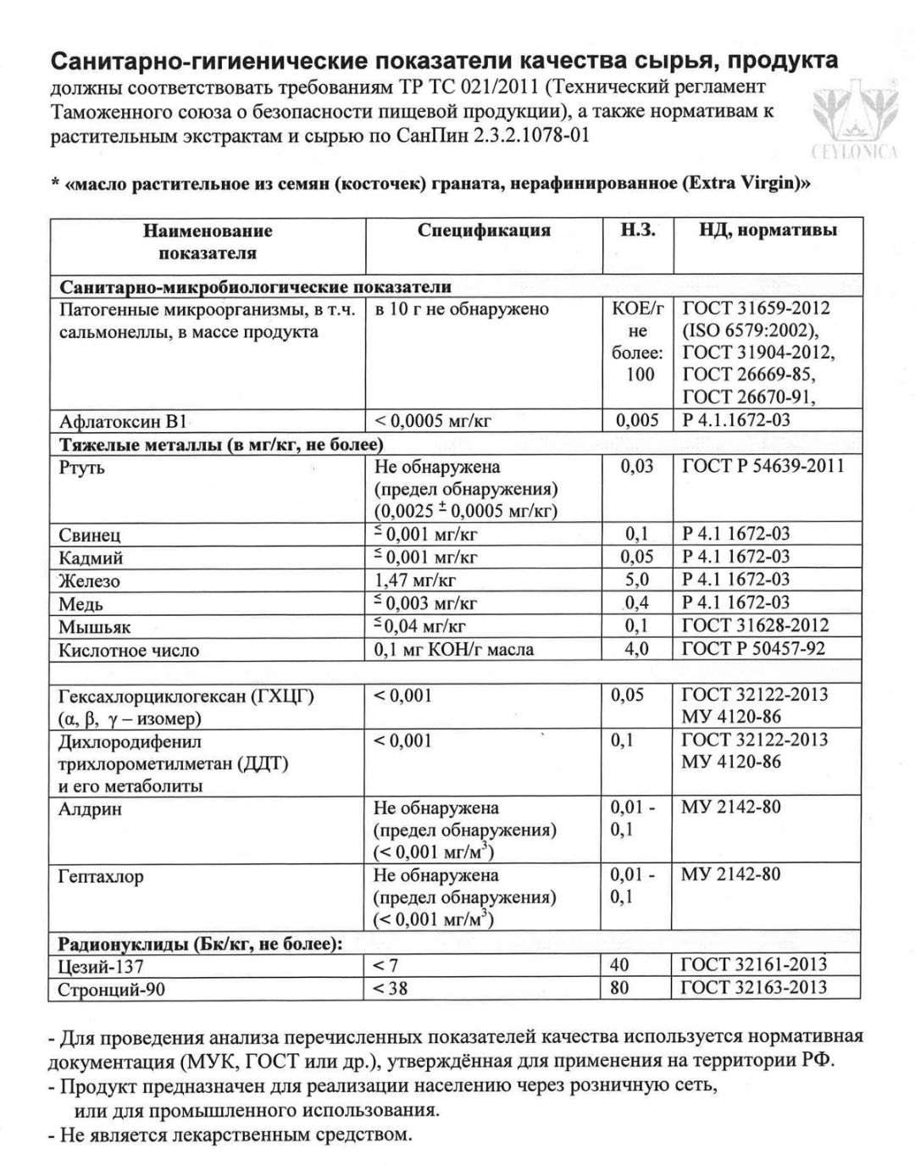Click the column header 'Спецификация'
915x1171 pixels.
pyautogui.click(x=484, y=230)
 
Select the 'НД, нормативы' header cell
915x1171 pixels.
pyautogui.click(x=768, y=230)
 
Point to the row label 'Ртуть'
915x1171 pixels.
pyautogui.click(x=82, y=468)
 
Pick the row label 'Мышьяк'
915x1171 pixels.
pyautogui.click(x=95, y=628)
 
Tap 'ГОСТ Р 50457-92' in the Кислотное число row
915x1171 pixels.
pyautogui.click(x=753, y=650)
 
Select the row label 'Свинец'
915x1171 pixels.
pyautogui.click(x=90, y=536)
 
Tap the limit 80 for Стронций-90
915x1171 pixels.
pyautogui.click(x=621, y=988)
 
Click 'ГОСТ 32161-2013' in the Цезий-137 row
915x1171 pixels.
pyautogui.click(x=754, y=964)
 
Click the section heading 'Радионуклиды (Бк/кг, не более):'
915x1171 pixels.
pyautogui.click(x=200, y=944)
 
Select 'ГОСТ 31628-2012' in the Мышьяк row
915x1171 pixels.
pyautogui.click(x=755, y=626)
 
